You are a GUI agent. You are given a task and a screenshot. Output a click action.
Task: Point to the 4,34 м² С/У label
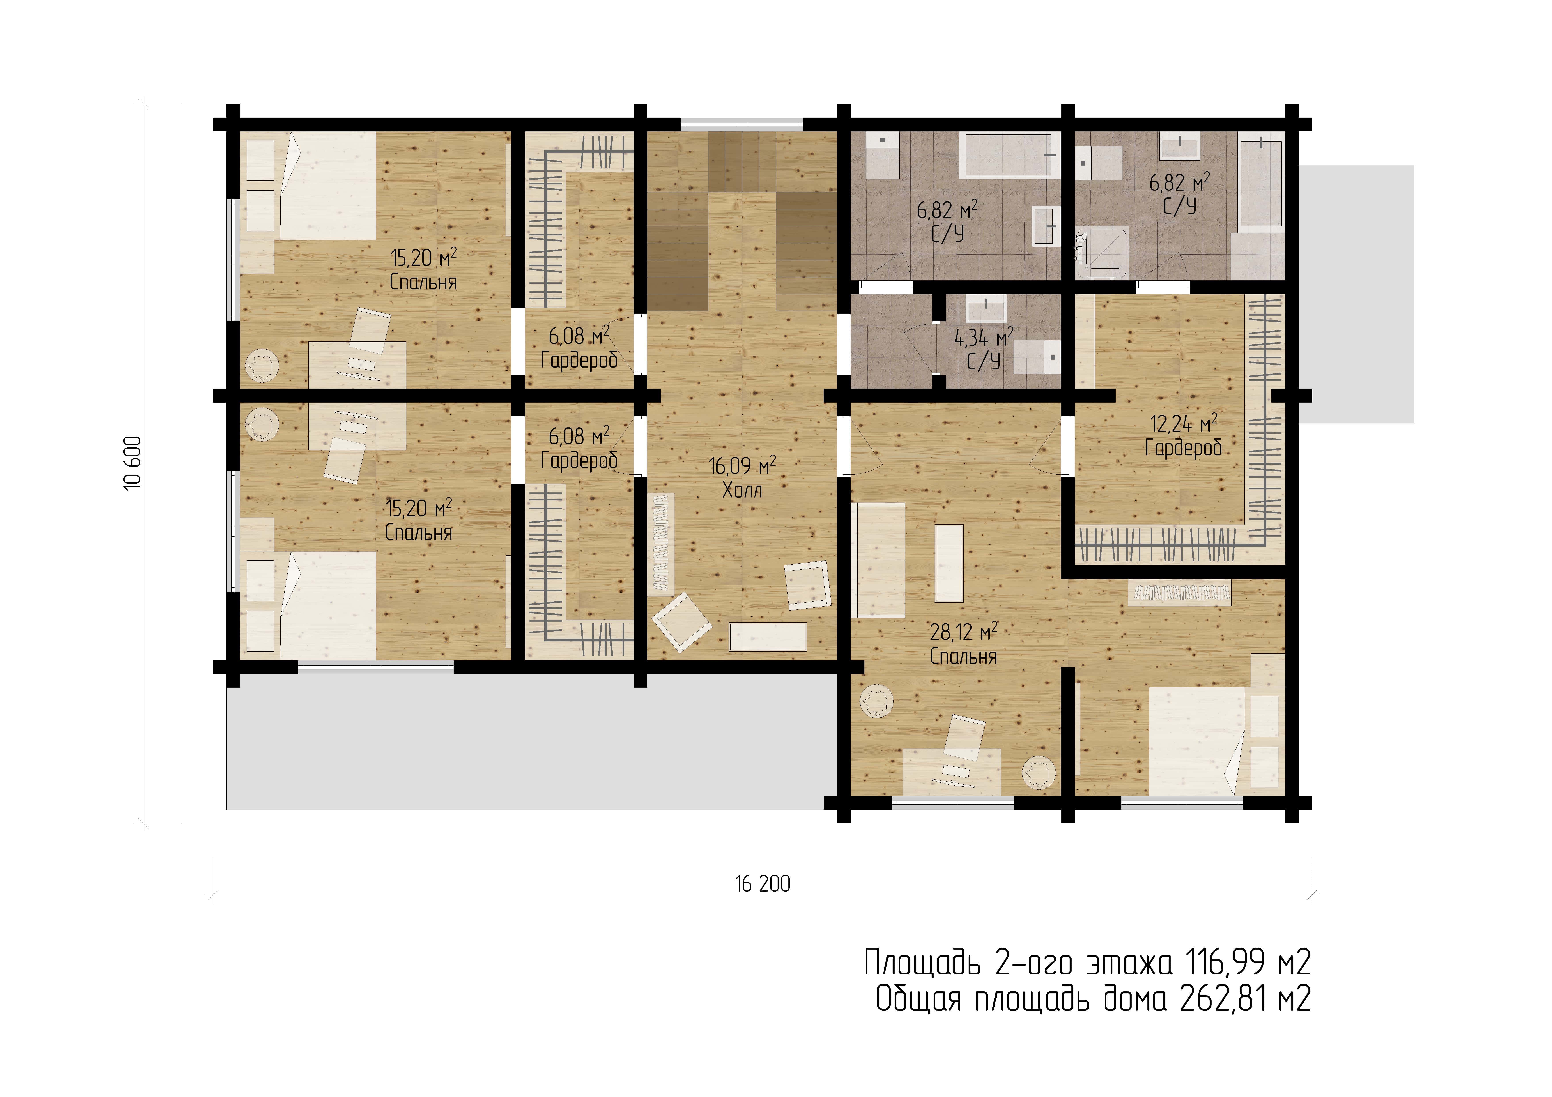[983, 349]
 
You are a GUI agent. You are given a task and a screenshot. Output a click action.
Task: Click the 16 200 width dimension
[763, 884]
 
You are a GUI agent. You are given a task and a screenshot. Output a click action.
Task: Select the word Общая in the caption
[918, 999]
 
